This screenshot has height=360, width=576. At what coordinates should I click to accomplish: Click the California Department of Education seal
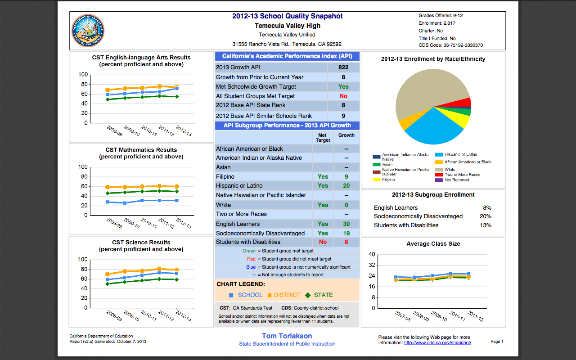click(88, 31)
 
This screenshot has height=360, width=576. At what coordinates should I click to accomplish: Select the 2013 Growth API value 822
click(343, 67)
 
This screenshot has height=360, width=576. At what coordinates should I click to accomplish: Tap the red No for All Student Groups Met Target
click(343, 96)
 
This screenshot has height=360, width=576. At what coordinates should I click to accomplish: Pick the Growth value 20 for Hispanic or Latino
click(346, 186)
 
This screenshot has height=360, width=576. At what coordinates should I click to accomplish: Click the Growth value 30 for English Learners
click(346, 224)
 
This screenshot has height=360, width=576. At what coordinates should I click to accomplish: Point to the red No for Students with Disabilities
click(323, 242)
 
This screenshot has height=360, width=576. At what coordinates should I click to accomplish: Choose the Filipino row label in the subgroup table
click(225, 177)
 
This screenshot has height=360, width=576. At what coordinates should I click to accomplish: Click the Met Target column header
click(323, 138)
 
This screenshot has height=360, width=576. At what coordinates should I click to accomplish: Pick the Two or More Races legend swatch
click(439, 175)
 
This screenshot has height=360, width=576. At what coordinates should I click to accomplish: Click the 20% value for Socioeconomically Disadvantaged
click(486, 216)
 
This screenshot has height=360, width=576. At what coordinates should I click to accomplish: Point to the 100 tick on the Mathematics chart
click(83, 167)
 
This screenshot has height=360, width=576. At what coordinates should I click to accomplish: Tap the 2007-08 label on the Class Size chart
click(403, 316)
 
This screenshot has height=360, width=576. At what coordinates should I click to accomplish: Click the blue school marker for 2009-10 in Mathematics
click(125, 203)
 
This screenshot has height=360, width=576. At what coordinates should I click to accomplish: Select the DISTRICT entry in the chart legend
click(284, 295)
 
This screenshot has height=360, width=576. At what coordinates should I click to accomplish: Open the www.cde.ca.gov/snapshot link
click(437, 343)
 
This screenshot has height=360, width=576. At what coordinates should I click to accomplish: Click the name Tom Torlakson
click(287, 336)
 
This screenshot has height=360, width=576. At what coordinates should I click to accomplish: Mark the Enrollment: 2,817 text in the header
click(437, 23)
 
